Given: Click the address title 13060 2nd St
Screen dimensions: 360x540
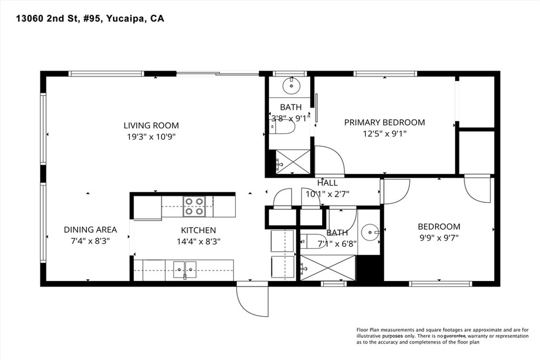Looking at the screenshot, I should coord(90,19).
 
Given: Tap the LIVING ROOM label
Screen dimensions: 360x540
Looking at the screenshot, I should coord(151,125).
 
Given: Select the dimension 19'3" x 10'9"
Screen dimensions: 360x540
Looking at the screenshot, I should coord(151,137).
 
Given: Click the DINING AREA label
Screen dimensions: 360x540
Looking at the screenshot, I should coord(90,230).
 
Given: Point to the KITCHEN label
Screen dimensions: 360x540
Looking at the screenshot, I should coord(198,230).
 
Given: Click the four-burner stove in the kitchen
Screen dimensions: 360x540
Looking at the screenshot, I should coord(194,206).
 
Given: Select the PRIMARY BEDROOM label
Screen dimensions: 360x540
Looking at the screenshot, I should coord(384,122).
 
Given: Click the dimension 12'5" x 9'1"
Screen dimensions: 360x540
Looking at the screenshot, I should coord(384,134).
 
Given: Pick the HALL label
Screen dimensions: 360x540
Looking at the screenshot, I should coord(327,183).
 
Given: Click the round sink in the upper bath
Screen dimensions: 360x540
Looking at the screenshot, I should coord(291,85).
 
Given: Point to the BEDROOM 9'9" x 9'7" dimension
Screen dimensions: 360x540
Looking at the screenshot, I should coord(439,238).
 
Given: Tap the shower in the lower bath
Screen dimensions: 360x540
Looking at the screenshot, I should coord(327,268).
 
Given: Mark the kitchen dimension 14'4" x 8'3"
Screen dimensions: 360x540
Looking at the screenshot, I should coord(198,242).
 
